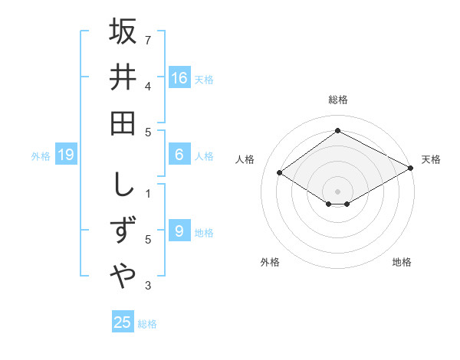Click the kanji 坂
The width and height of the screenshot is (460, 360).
point(123,31)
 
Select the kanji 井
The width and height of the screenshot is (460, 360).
point(123,77)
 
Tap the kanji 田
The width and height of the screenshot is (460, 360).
point(123,123)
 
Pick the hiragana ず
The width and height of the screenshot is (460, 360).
point(123,231)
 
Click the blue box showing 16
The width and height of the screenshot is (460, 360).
point(179,77)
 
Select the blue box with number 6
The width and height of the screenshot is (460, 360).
point(179,155)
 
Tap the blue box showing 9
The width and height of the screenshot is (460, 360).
point(179,231)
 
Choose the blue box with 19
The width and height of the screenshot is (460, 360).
point(66,155)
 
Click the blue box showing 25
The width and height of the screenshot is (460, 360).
point(123,322)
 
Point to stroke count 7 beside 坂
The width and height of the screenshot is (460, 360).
point(149,39)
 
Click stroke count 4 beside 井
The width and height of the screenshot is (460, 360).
point(149,86)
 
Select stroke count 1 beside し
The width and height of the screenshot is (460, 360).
point(149,193)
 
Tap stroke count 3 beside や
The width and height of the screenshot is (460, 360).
point(149,286)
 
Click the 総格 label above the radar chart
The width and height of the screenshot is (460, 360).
point(337,100)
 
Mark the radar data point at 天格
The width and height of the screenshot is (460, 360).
point(411,169)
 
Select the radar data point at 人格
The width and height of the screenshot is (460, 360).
point(280,173)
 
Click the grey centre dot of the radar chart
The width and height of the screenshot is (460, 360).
point(337,190)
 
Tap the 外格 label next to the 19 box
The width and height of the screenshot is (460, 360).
point(41,155)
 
